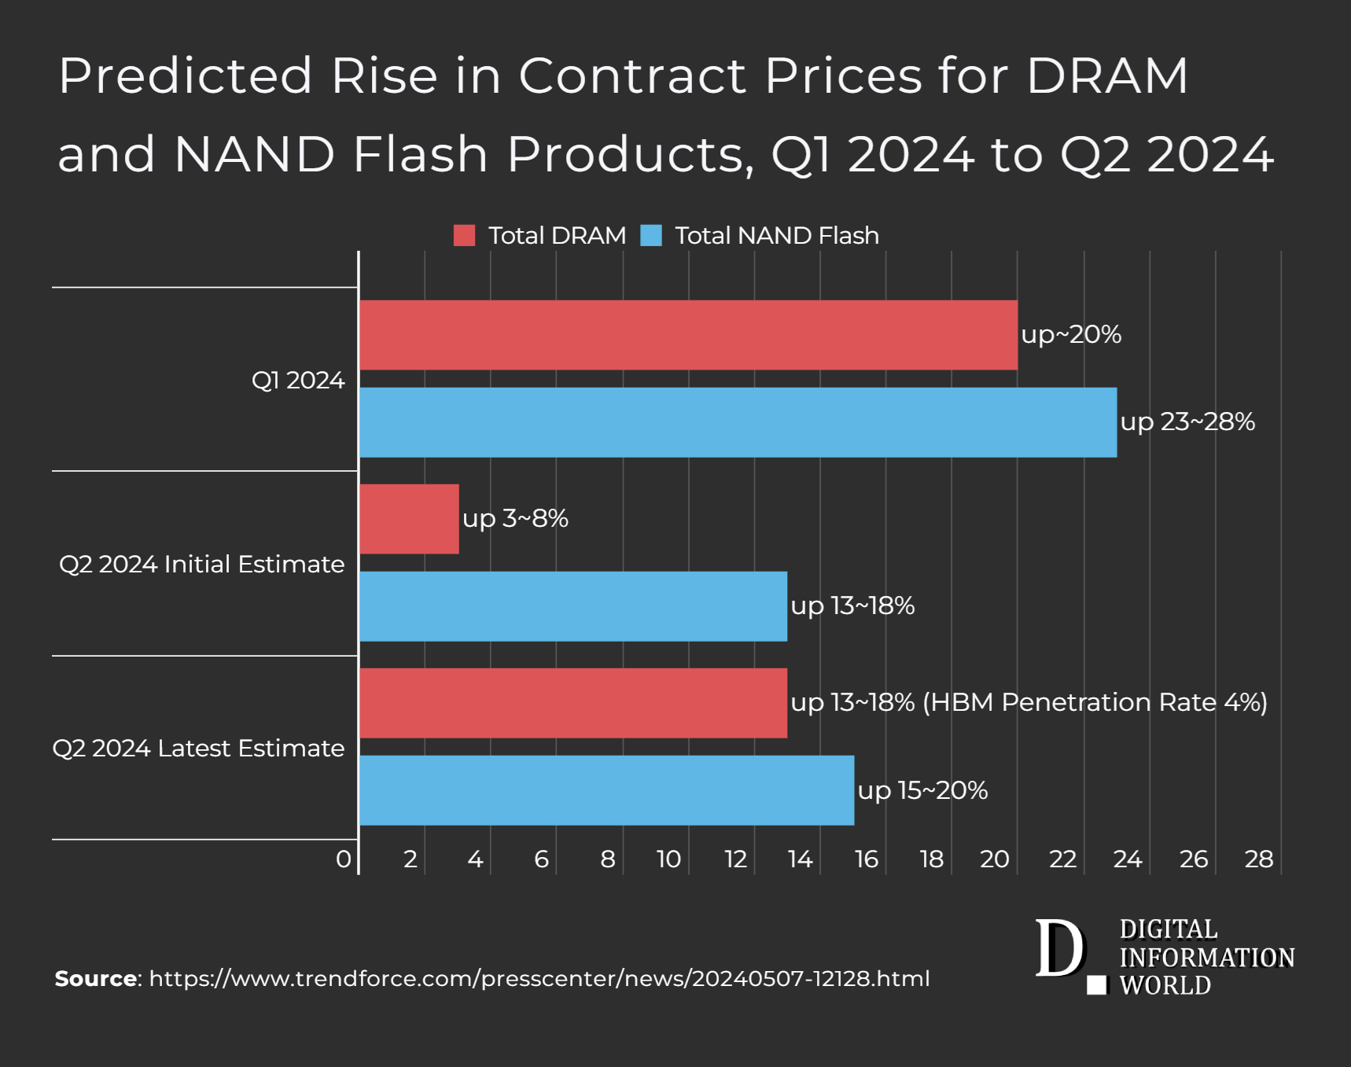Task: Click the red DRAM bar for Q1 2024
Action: [688, 335]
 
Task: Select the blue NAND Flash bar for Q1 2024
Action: [738, 422]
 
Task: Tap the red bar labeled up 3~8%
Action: [409, 519]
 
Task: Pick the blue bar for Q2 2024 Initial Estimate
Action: [573, 606]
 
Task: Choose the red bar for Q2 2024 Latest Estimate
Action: [573, 703]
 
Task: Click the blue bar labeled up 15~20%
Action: [606, 790]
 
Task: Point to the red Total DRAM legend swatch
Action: [465, 235]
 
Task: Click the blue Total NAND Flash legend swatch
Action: [651, 235]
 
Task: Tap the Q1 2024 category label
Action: [298, 381]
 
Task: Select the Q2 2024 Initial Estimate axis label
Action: [201, 565]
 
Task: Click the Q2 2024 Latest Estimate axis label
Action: [198, 749]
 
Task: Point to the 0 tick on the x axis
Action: [344, 859]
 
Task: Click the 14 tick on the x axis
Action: [801, 859]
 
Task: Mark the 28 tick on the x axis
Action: [1259, 859]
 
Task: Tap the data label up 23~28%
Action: [1187, 422]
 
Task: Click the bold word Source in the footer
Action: [96, 979]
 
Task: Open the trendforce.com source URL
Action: [539, 979]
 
